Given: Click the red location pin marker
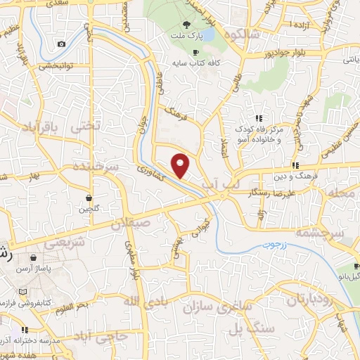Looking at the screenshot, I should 181,165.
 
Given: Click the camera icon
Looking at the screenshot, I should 61,44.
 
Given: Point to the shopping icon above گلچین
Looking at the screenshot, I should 89,198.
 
